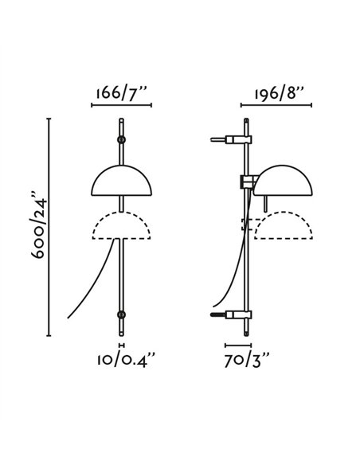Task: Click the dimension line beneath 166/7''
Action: point(121,105)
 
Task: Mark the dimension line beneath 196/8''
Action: point(276,105)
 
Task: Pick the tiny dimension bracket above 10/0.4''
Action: point(121,346)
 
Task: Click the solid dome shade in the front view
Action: point(121,182)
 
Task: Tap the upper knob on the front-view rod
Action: point(121,140)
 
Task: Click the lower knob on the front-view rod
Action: point(121,315)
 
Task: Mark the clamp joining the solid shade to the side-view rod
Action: point(248,182)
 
